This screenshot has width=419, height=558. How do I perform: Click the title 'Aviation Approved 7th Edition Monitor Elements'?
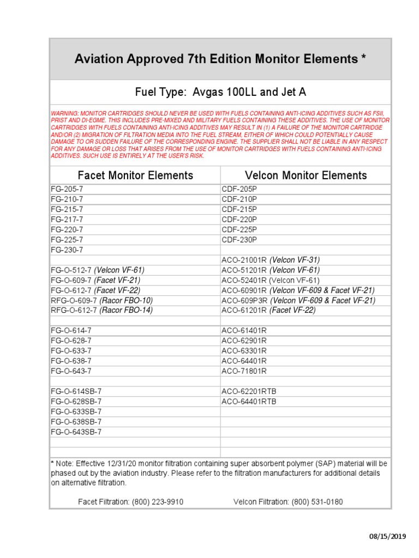pyautogui.click(x=220, y=59)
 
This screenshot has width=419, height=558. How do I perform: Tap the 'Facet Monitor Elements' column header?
pyautogui.click(x=135, y=175)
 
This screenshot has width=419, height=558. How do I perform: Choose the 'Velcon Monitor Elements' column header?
pyautogui.click(x=306, y=175)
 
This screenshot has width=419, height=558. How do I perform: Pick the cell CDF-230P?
pyautogui.click(x=239, y=240)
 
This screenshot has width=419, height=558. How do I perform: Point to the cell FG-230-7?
pyautogui.click(x=67, y=250)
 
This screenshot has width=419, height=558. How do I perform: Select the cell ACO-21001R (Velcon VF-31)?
pyautogui.click(x=271, y=260)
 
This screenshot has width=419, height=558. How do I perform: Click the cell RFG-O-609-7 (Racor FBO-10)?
pyautogui.click(x=102, y=300)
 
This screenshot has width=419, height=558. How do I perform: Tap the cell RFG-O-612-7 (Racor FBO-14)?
pyautogui.click(x=102, y=310)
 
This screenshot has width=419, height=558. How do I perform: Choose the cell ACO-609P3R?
pyautogui.click(x=245, y=300)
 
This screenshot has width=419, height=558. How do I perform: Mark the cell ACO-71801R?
pyautogui.click(x=244, y=371)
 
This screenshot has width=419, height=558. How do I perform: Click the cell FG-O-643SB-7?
pyautogui.click(x=76, y=432)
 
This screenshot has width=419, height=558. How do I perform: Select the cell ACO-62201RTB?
pyautogui.click(x=249, y=391)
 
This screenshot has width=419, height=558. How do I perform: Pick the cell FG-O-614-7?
pyautogui.click(x=71, y=331)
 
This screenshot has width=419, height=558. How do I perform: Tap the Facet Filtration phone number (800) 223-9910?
pyautogui.click(x=157, y=501)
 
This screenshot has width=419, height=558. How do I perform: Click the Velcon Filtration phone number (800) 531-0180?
pyautogui.click(x=317, y=501)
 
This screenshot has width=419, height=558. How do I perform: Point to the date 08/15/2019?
pyautogui.click(x=388, y=537)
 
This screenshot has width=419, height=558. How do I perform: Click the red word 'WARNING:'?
pyautogui.click(x=64, y=113)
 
